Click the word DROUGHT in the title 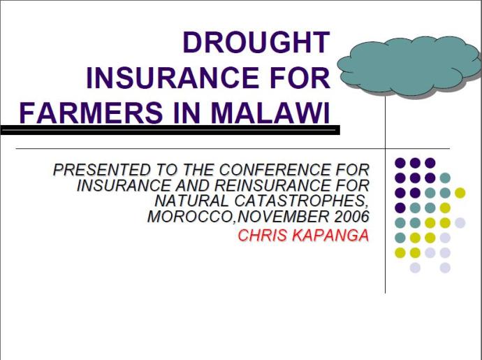[256, 43]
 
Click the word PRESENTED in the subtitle [102, 170]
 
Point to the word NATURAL [191, 201]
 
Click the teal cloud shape [409, 65]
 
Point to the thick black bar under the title [170, 130]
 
